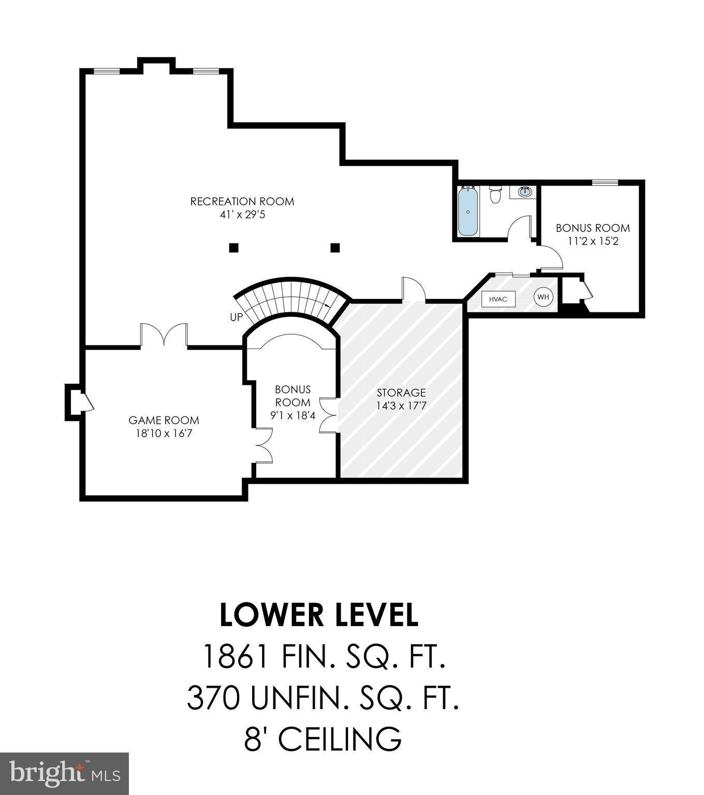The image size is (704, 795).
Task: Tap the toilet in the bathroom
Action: click(x=496, y=195)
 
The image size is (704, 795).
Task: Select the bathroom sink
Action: click(x=524, y=192)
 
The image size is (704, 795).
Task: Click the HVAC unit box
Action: click(x=498, y=299)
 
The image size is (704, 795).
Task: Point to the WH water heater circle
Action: click(x=543, y=297)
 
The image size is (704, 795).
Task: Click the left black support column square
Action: click(x=234, y=248)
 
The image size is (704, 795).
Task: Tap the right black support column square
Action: click(x=335, y=248)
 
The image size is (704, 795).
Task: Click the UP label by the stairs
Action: click(x=237, y=316)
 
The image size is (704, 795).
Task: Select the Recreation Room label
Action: click(x=242, y=201)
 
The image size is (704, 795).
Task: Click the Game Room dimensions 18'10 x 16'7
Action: click(x=164, y=433)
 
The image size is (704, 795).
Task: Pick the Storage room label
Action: click(x=401, y=393)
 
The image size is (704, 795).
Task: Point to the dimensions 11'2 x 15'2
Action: click(x=593, y=241)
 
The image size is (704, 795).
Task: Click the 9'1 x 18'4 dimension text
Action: click(x=292, y=415)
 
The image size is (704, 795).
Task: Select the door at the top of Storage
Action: click(x=414, y=289)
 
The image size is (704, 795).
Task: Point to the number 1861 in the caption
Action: click(x=234, y=657)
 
